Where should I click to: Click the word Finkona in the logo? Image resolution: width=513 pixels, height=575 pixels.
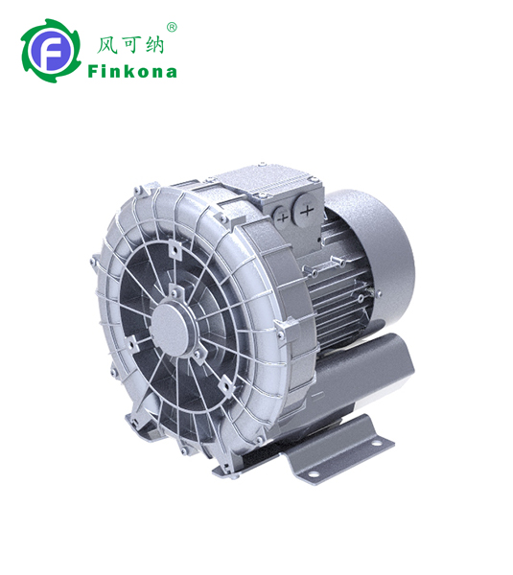click(131, 71)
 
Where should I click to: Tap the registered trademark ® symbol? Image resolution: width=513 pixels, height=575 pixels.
click(172, 27)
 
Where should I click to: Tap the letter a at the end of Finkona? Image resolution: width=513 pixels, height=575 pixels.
click(171, 72)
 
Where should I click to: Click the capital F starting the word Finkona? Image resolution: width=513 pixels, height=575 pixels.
click(93, 71)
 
